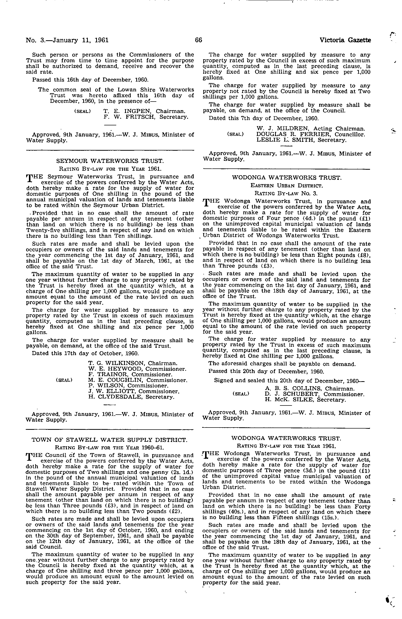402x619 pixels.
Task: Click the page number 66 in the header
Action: [198, 40]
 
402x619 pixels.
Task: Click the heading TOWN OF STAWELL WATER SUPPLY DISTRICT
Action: [109, 440]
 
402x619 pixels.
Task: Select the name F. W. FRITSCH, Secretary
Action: [146, 117]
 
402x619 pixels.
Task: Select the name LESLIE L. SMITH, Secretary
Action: [301, 140]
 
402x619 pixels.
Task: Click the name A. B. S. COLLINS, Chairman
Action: [309, 389]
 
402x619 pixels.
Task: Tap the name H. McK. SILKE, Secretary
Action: [305, 400]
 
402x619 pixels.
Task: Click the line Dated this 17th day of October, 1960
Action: [85, 354]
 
